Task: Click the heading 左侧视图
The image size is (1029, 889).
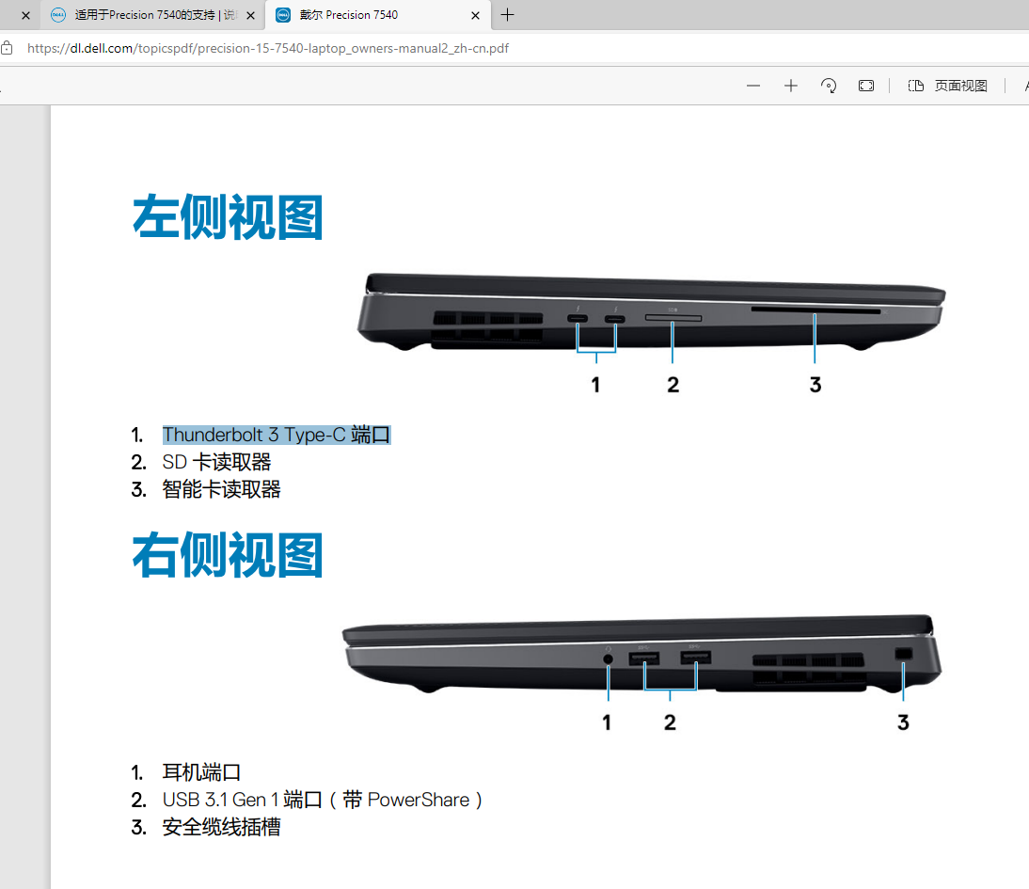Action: [228, 217]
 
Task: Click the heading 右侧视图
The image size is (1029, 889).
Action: [228, 555]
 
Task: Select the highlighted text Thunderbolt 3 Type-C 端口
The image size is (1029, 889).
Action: [276, 435]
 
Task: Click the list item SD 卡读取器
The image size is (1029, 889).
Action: [216, 462]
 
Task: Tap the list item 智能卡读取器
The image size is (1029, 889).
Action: [221, 489]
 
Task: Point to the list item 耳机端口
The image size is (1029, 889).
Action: [201, 772]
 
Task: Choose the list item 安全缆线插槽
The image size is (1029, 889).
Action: [221, 827]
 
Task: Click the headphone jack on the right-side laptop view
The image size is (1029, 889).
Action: [608, 659]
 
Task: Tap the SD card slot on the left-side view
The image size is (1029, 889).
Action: [673, 319]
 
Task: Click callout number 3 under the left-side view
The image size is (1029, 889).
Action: [815, 384]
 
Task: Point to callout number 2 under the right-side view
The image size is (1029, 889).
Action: [670, 722]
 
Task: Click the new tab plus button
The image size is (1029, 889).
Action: [507, 15]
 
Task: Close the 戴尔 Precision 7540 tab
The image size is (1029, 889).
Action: [475, 15]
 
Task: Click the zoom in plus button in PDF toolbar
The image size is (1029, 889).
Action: [791, 86]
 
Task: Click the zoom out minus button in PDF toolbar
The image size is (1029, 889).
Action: [753, 86]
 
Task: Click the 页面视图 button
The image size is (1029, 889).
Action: [948, 86]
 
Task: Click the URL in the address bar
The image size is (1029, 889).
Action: [268, 48]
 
